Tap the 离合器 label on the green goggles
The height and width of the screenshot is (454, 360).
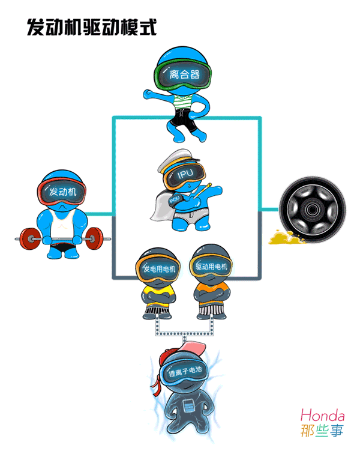(185, 76)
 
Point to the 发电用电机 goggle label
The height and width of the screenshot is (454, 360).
(159, 268)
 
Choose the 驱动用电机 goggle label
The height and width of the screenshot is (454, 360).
(212, 266)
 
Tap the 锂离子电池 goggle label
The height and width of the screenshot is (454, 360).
(184, 373)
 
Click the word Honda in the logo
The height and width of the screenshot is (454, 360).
(322, 415)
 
